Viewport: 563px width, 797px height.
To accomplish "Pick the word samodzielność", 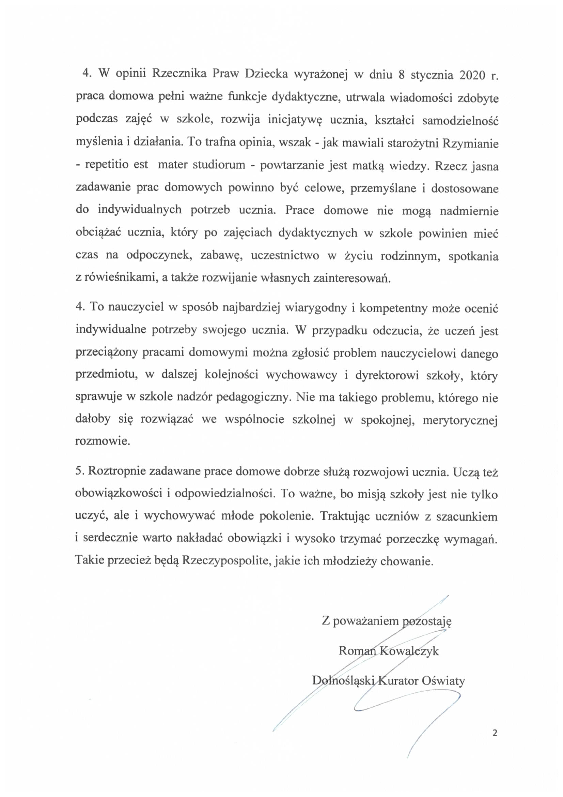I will click(460, 120).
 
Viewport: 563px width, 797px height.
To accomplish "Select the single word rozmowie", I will click(102, 442).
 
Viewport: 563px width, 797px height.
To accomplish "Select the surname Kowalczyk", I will click(409, 650).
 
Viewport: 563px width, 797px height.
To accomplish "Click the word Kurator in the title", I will click(398, 681).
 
